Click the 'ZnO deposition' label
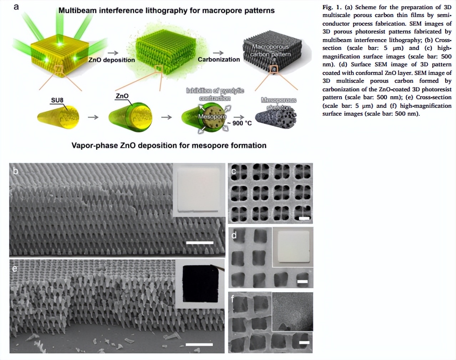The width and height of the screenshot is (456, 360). click(112, 60)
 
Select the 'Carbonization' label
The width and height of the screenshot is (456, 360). click(219, 59)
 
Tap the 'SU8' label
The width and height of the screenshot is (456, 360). click(57, 100)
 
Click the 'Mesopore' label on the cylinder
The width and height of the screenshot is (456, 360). click(212, 117)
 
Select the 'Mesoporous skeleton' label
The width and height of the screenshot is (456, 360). click(279, 104)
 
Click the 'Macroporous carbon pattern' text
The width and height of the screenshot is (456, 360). click(270, 50)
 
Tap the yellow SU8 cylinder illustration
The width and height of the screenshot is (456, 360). click(59, 117)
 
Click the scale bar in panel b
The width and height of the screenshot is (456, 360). click(200, 243)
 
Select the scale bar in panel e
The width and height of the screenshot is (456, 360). click(199, 344)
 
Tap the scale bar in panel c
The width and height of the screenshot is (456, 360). click(304, 218)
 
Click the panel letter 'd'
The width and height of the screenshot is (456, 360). click(234, 235)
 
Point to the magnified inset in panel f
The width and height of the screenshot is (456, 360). click(292, 311)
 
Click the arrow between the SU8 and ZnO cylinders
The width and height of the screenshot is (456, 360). click(93, 117)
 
